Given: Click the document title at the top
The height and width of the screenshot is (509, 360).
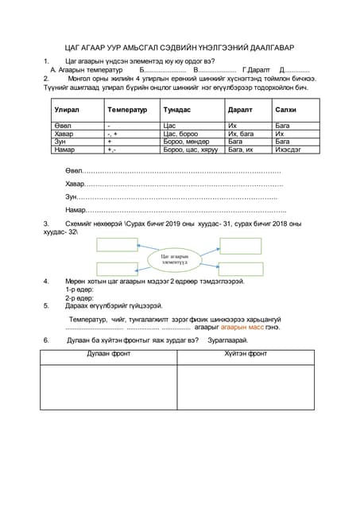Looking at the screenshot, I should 180,48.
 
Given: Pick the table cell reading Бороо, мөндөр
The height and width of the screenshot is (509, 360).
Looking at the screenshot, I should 184,141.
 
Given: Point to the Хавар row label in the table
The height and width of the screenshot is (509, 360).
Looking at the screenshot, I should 64,134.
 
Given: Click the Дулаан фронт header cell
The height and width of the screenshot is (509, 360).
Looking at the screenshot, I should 108,354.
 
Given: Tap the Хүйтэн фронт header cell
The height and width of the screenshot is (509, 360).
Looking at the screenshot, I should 246,354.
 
